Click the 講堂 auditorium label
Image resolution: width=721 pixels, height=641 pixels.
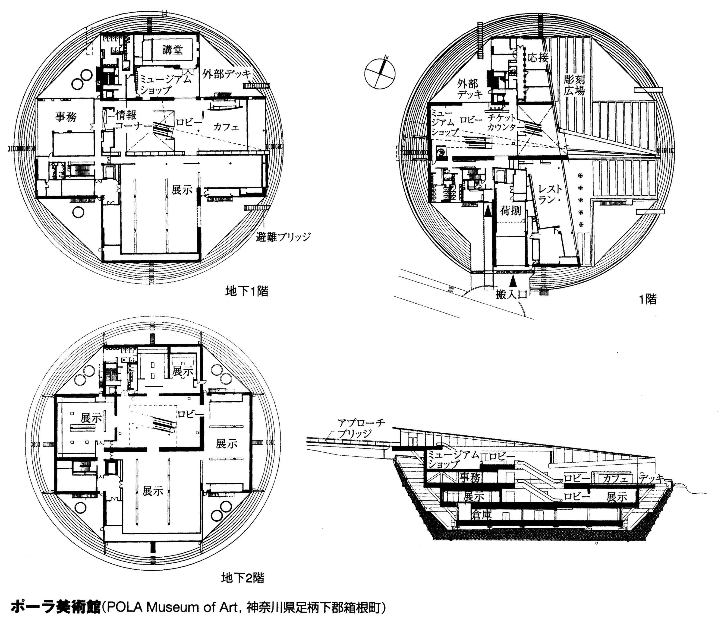[x=173, y=50]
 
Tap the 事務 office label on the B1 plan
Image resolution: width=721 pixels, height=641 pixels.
[x=66, y=117]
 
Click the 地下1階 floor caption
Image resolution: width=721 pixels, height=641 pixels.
[x=247, y=291]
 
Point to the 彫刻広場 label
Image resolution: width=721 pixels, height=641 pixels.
[x=574, y=84]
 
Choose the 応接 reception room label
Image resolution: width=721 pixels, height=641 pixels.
[x=538, y=57]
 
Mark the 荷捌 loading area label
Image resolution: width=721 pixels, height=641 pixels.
[x=510, y=211]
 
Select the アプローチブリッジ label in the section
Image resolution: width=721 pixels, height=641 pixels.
[x=360, y=428]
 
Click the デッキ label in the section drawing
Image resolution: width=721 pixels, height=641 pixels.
[x=651, y=478]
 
